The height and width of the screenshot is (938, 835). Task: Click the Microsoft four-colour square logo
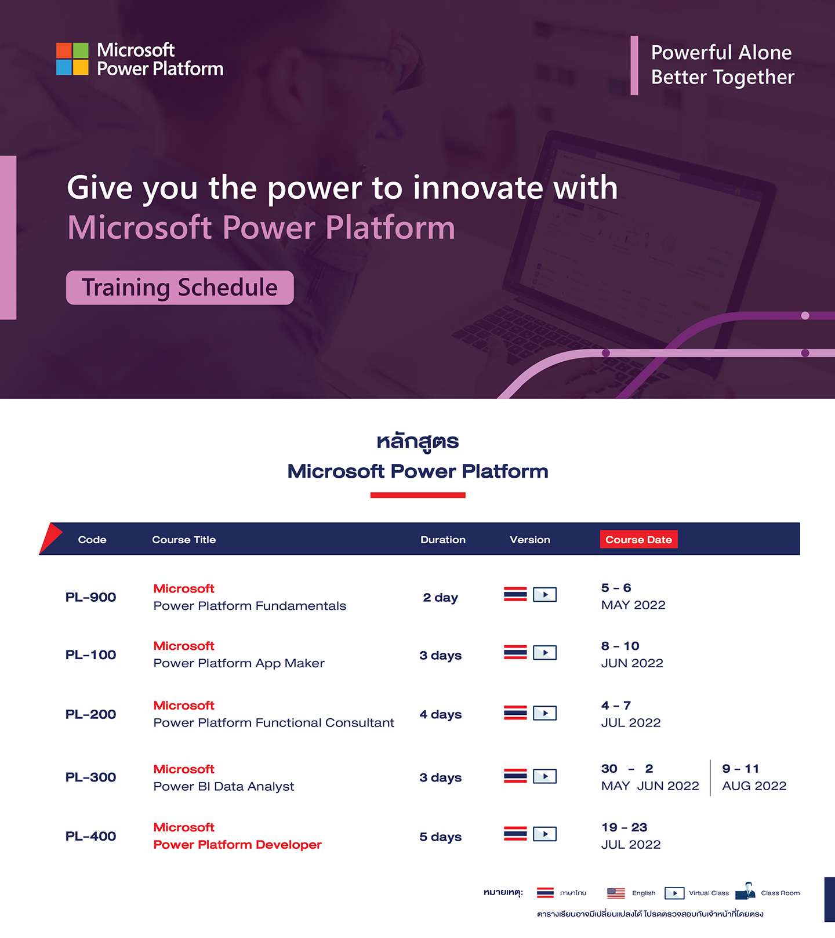coord(72,59)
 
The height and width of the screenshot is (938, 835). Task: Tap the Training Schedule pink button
coord(180,288)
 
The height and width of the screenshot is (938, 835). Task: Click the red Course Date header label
coord(638,539)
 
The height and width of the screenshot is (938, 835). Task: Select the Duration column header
coord(443,540)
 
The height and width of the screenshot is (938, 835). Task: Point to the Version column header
coord(530,540)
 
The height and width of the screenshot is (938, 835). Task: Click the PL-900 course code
coord(90,597)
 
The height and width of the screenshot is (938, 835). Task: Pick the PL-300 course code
coord(90,777)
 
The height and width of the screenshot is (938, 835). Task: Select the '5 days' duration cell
coord(441,837)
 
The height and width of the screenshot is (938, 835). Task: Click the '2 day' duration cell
coord(441,597)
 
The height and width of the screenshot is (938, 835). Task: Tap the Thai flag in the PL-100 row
coord(515,652)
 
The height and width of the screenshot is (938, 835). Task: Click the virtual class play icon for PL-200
coord(545,712)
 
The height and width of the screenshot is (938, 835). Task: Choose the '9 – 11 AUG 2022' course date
coord(754,777)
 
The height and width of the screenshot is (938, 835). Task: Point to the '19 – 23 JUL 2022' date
coord(631,836)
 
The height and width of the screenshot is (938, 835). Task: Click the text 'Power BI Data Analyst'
coord(224,786)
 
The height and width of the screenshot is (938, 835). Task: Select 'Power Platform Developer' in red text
coord(238,845)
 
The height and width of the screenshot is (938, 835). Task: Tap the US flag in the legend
coord(616,893)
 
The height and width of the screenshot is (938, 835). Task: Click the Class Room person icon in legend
coord(746,891)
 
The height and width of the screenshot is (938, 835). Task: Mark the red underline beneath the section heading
coord(418,495)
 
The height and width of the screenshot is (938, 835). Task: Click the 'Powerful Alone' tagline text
coord(721,52)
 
